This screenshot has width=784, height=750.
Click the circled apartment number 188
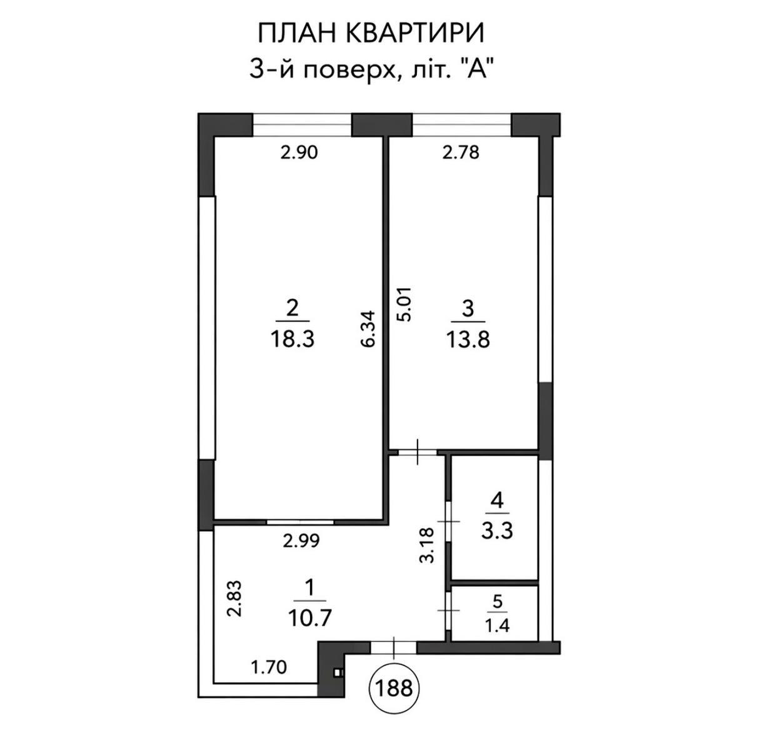point(394,688)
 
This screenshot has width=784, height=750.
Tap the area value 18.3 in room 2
point(292,340)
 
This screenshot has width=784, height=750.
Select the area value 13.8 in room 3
point(468,340)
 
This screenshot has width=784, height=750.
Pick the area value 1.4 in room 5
point(497,626)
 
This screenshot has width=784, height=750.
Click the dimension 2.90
point(299,152)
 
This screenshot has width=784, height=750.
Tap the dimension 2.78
point(461,152)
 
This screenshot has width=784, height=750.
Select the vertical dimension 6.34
point(368,328)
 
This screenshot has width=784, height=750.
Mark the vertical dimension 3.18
point(427,545)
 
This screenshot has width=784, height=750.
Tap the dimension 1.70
point(269,667)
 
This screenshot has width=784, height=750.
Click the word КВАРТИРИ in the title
point(415,33)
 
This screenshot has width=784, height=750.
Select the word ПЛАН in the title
point(296,33)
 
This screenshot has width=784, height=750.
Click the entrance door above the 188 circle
point(393,648)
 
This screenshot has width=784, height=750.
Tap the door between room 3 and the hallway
point(418,452)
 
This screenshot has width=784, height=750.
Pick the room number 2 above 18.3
point(292,309)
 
